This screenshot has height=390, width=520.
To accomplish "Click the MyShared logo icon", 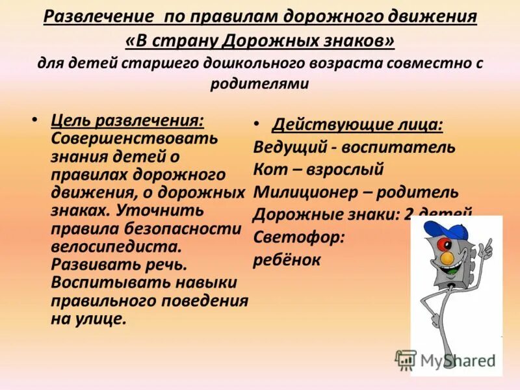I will pos(406,359).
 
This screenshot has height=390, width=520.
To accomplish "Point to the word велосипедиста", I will pos(116,247).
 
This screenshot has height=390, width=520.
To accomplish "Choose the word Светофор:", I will pos(298,237).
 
